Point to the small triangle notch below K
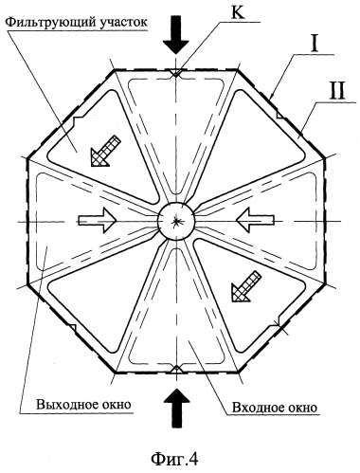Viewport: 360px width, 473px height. tap(176, 72)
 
